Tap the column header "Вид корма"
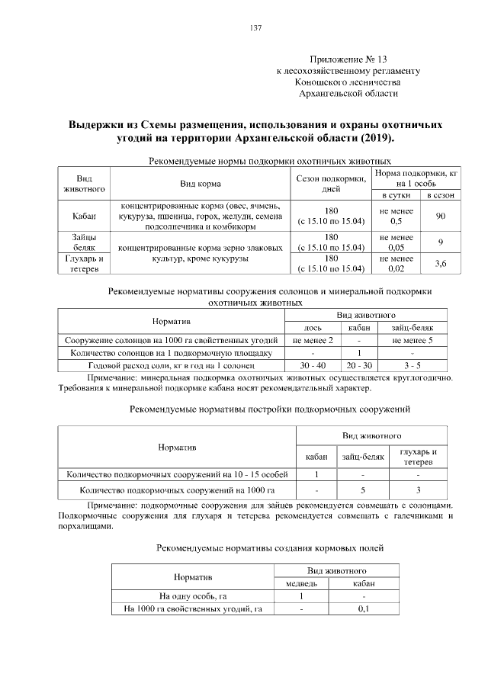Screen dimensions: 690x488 [201, 184]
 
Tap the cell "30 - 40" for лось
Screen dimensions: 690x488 [313, 366]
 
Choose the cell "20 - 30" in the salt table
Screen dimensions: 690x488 [358, 366]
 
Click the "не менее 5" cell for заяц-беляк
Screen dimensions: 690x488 [412, 341]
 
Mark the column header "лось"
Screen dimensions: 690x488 [313, 328]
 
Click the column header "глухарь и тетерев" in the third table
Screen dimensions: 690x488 [418, 457]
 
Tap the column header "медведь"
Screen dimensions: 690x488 [301, 583]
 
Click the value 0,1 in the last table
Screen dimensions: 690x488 [363, 608]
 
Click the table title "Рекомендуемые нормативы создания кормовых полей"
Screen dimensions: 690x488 [269, 547]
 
